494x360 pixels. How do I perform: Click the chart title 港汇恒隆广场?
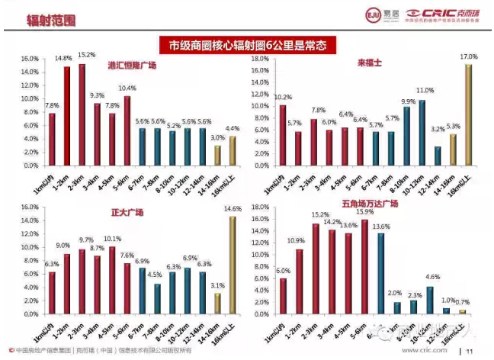click(131, 66)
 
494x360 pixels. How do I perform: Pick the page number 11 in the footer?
click(470, 352)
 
